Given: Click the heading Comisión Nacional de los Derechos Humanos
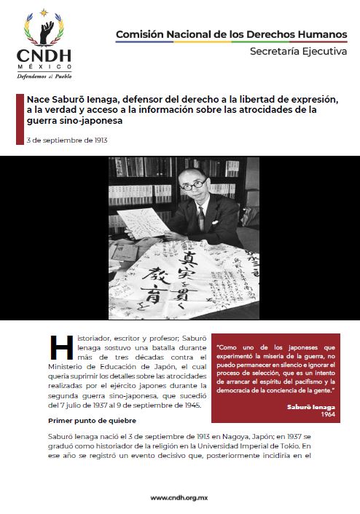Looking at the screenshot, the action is click(232, 34).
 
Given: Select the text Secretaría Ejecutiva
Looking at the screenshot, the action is click(298, 52).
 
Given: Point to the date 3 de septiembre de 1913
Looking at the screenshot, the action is click(67, 140).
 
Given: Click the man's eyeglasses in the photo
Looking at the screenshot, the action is click(192, 186).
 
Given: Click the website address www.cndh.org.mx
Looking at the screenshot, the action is click(180, 498).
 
